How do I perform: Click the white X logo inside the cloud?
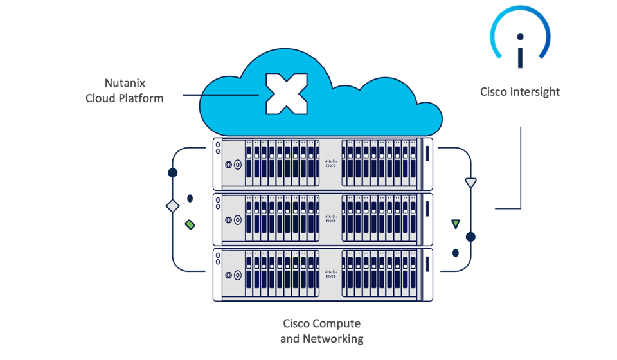point(287,94)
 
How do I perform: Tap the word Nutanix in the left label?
point(125,84)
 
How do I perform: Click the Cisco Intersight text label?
point(520,92)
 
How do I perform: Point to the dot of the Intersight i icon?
point(520,37)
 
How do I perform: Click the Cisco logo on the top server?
point(330,163)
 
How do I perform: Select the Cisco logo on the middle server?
point(330,219)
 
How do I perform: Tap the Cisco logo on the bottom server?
point(330,273)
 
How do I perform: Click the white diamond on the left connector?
point(172,206)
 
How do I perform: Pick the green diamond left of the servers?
point(190,224)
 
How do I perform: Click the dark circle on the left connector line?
point(172,173)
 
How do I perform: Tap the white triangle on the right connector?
point(470,183)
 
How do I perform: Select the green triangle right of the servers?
point(456,224)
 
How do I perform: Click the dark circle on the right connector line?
point(470,237)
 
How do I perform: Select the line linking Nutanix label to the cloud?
point(219,96)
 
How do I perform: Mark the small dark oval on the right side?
point(456,251)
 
